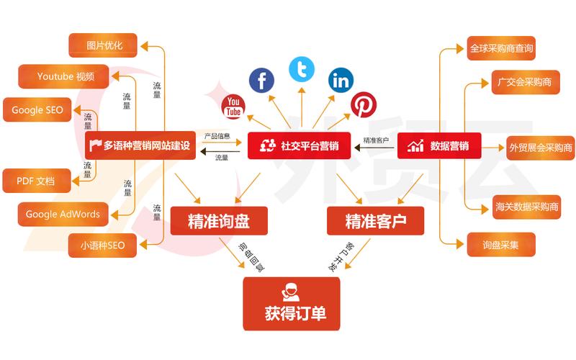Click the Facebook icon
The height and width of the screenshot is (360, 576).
click(x=262, y=80)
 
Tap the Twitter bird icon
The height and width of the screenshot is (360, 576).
click(x=302, y=69)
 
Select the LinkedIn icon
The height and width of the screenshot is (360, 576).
click(x=341, y=80)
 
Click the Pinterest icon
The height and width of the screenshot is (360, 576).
click(x=364, y=105)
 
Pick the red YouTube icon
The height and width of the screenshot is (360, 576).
click(x=233, y=107)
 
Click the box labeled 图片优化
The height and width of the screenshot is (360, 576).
click(x=105, y=45)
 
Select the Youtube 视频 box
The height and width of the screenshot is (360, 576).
click(x=66, y=76)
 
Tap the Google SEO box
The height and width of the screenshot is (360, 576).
click(x=37, y=110)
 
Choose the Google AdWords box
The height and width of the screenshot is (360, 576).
click(x=63, y=214)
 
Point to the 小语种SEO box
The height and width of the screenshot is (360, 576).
click(x=97, y=246)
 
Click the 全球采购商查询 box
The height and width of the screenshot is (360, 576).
click(x=501, y=49)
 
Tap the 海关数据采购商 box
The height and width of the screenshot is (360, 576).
click(x=526, y=207)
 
